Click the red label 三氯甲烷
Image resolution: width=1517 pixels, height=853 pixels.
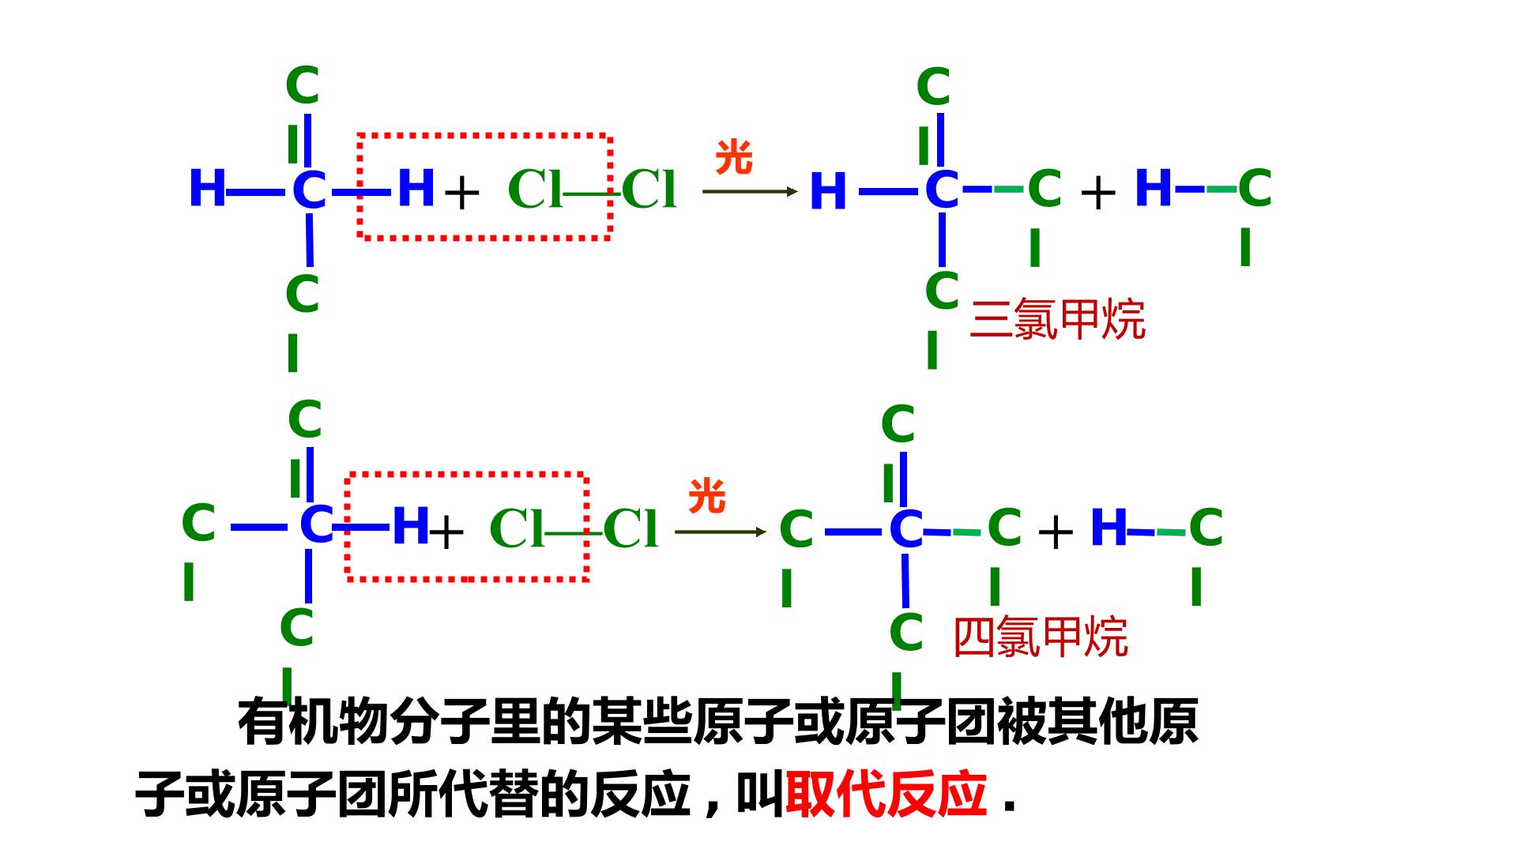tap(1057, 320)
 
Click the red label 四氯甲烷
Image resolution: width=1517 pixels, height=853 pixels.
tap(1041, 637)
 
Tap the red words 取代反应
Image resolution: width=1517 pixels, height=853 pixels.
tap(886, 794)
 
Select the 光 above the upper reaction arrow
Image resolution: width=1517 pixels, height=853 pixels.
tap(734, 158)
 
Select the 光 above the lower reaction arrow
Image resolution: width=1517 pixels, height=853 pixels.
tap(707, 497)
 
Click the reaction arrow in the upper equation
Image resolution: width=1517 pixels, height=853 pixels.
tap(751, 191)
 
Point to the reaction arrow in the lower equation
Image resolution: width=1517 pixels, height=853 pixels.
tap(721, 532)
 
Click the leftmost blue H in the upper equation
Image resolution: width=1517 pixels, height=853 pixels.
tap(208, 188)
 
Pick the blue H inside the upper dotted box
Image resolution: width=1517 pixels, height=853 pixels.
tap(416, 188)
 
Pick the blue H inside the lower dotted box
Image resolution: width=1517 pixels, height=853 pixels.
tap(411, 525)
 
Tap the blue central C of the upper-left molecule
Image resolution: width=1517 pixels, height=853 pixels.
tap(309, 190)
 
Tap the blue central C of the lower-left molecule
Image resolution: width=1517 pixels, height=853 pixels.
tap(317, 524)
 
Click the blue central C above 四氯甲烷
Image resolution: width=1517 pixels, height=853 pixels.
tap(906, 529)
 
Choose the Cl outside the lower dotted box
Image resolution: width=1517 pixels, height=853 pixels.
tap(631, 528)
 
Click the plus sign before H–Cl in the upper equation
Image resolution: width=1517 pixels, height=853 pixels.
tap(1098, 194)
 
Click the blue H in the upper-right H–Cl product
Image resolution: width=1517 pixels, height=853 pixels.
tap(1154, 188)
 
